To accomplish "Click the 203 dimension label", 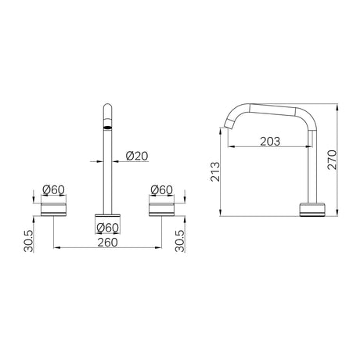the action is tap(270, 142).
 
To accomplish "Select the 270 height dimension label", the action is tap(333, 160).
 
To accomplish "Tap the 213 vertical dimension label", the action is tap(216, 171).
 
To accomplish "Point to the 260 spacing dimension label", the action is tap(107, 243).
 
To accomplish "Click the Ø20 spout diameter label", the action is tap(137, 156).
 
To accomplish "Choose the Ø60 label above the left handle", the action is tap(53, 190).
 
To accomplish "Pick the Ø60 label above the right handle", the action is tap(161, 190).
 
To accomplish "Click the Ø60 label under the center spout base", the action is tap(107, 228).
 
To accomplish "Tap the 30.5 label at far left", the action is tap(29, 241).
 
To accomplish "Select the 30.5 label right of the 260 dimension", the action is tap(180, 241).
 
